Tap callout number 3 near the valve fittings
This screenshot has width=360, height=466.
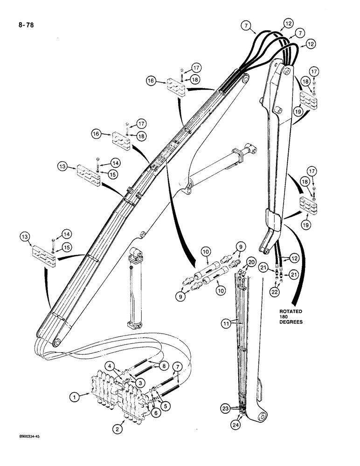[x=139, y=382]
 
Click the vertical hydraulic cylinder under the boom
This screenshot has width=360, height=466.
[x=135, y=289]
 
